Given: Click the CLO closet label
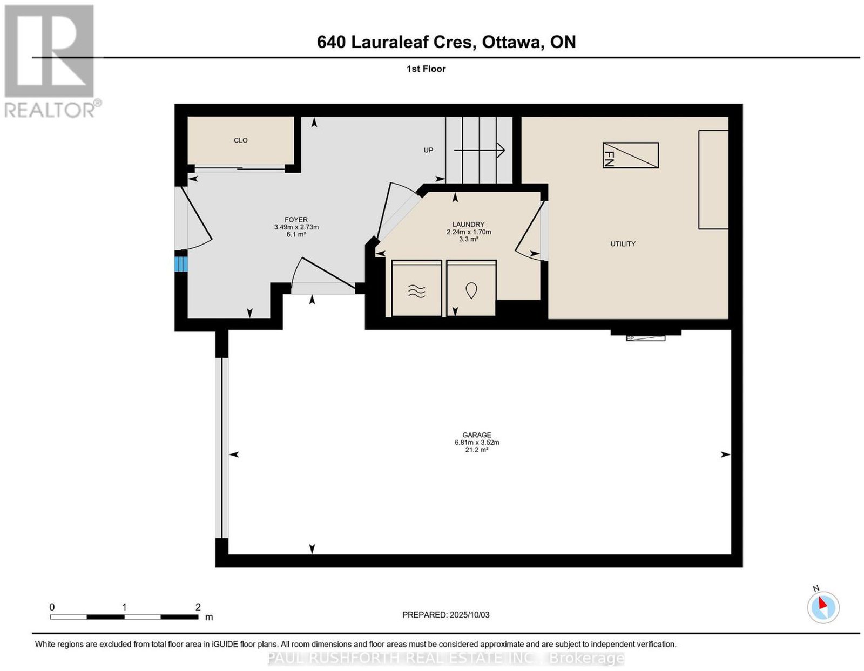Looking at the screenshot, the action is click(x=240, y=140).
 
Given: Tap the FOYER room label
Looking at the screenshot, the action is click(x=296, y=220).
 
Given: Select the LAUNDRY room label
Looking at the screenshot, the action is click(x=468, y=225).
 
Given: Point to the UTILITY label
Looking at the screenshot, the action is click(x=623, y=244).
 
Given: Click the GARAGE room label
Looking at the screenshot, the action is click(x=476, y=435).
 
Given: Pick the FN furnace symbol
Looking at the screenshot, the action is click(x=630, y=155).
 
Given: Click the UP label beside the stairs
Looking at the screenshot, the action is click(x=428, y=150).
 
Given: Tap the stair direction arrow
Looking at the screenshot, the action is click(x=479, y=150).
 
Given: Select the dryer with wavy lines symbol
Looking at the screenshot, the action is click(x=417, y=288).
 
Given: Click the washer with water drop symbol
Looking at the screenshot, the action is click(x=471, y=288).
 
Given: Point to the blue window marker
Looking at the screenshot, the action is click(x=181, y=264).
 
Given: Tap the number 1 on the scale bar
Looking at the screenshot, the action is click(x=124, y=607).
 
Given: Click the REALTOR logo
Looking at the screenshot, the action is click(x=51, y=61).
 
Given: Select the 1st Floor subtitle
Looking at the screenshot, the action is click(x=426, y=69).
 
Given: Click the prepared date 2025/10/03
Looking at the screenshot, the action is click(x=470, y=615).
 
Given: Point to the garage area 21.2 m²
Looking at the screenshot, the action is click(x=476, y=450).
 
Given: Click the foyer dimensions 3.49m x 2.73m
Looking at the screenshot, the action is click(x=296, y=227).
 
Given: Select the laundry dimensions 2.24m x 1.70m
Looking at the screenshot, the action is click(x=469, y=232).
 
